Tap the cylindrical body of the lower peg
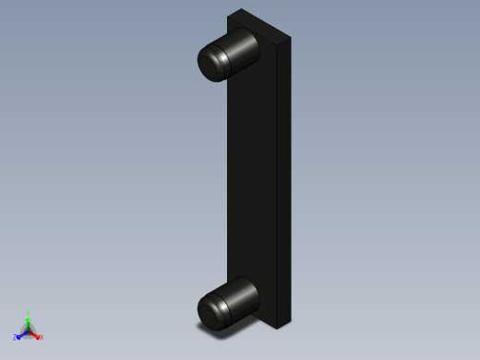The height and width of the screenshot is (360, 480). click(243, 294)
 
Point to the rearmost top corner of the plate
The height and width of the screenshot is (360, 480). click(241, 9)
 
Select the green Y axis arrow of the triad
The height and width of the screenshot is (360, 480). click(28, 319)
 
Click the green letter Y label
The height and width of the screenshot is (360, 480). click(29, 313)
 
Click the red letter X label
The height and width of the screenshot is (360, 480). click(41, 337)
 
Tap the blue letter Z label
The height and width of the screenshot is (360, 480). click(15, 337)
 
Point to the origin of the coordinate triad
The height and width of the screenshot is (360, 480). click(28, 330)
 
